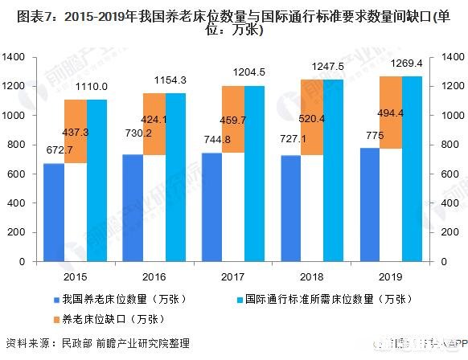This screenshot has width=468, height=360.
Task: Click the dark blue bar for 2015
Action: pos(54,212)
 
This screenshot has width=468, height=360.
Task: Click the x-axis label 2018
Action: pos(312,276)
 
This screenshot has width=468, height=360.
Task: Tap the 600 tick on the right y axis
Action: pos(450,174)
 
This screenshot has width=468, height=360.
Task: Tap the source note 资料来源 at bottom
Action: pos(31,344)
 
